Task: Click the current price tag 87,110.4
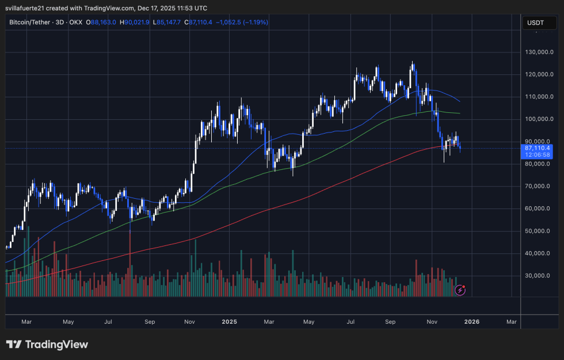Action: point(536,148)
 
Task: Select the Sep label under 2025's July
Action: point(390,322)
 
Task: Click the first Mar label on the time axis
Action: point(27,322)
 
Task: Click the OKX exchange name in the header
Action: point(75,22)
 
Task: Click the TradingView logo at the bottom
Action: point(47,344)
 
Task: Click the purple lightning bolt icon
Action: point(460,290)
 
